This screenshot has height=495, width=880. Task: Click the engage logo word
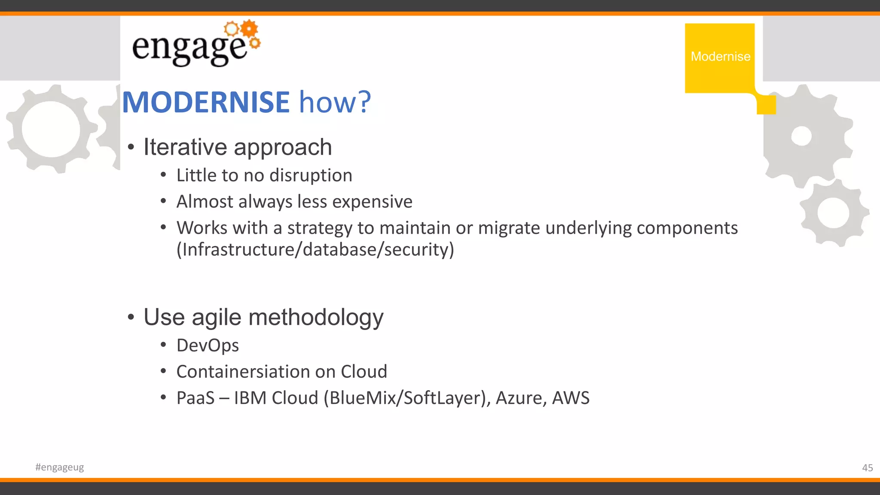(189, 48)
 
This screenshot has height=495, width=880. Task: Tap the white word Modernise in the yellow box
(720, 56)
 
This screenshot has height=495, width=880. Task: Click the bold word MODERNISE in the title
(206, 102)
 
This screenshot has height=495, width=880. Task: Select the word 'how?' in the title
(335, 102)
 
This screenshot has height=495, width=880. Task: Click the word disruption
(311, 175)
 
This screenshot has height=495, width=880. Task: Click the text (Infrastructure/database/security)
(315, 250)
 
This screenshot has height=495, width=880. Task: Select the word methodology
(316, 318)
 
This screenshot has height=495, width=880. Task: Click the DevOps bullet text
(208, 345)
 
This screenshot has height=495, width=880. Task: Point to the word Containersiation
(242, 372)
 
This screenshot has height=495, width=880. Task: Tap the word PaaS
(196, 398)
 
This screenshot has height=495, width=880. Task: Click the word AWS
(571, 398)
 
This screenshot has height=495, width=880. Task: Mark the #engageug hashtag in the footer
(60, 467)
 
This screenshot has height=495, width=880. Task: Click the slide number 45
(867, 468)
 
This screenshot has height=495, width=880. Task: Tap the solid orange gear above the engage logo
(249, 28)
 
